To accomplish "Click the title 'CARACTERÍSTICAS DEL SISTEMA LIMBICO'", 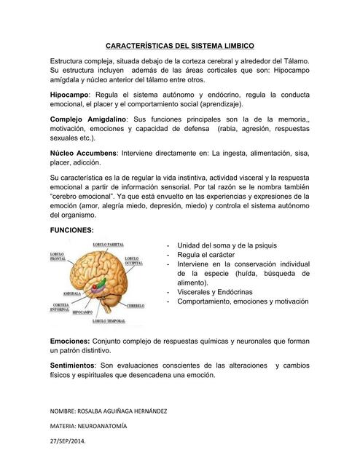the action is (180, 45).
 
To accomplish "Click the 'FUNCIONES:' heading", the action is (71, 230).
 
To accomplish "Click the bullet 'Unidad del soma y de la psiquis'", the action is (226, 245).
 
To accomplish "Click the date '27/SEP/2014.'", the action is (67, 442).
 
